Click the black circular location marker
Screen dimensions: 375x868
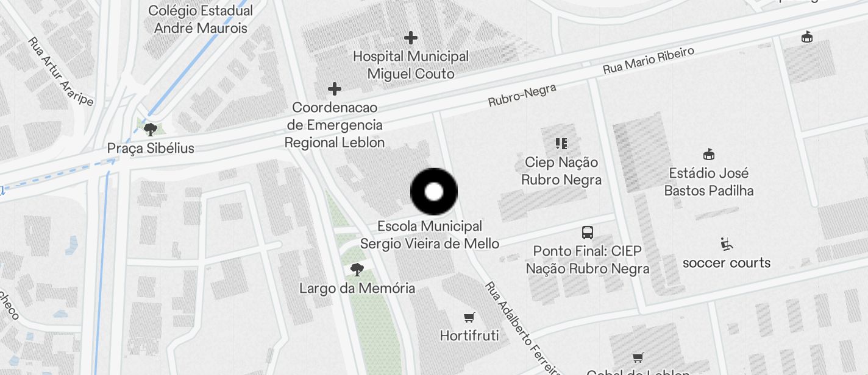click(433, 192)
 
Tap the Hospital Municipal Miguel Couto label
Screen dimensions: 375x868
click(411, 65)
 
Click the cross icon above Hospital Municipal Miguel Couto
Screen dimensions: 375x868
click(411, 38)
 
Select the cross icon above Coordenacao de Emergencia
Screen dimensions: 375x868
click(334, 89)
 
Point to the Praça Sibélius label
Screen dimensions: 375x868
click(151, 148)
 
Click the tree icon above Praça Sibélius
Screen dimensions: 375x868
click(150, 129)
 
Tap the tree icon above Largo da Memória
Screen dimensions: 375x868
click(357, 269)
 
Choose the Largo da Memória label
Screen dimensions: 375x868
click(357, 288)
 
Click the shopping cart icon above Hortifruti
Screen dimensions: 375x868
click(469, 317)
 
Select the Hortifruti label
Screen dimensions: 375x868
click(469, 335)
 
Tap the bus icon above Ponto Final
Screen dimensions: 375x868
click(588, 232)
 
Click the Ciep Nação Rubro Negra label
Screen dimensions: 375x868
click(561, 171)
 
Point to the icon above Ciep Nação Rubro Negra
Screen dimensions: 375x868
click(561, 144)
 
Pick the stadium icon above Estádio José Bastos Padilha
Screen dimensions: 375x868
click(708, 154)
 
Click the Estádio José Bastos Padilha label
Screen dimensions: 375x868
click(708, 181)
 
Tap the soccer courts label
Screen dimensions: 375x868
click(726, 263)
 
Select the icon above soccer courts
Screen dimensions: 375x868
click(726, 244)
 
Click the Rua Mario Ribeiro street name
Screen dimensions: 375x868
click(649, 61)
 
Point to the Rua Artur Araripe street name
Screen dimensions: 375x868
click(60, 71)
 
